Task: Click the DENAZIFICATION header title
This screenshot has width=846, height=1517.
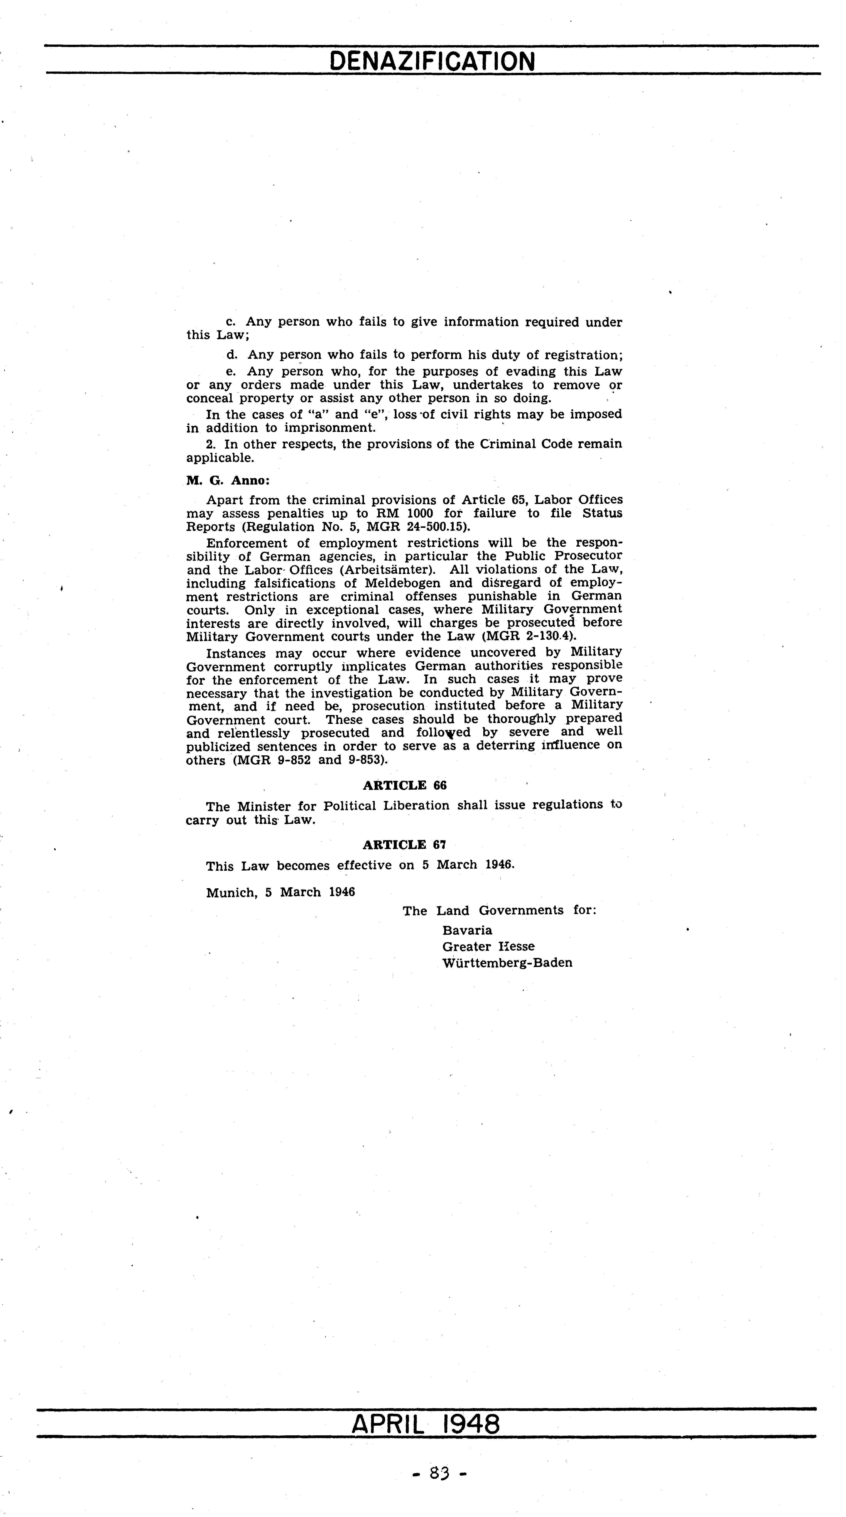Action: (432, 61)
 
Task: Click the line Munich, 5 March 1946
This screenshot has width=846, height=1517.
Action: (280, 892)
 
